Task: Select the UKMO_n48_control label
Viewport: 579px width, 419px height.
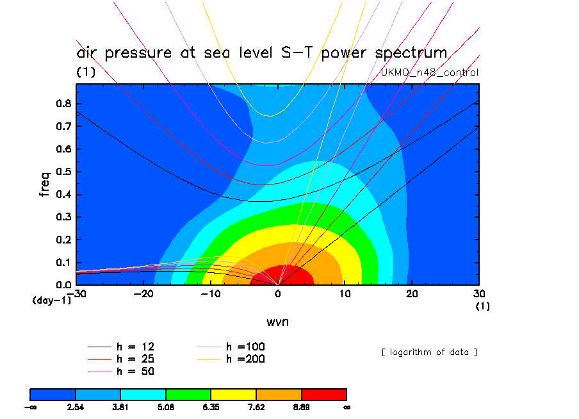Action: click(x=429, y=72)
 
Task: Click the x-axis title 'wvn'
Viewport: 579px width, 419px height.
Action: click(x=277, y=322)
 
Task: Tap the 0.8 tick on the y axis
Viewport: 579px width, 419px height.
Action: click(x=64, y=104)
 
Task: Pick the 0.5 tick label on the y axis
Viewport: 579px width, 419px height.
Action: click(x=64, y=172)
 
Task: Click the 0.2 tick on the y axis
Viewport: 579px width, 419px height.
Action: click(x=64, y=240)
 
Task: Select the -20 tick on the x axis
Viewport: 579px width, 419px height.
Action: click(x=143, y=294)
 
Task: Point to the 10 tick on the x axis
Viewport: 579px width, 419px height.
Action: click(x=345, y=294)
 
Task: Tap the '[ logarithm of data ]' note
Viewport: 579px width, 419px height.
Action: click(x=429, y=352)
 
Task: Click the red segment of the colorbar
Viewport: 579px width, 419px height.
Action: click(x=323, y=393)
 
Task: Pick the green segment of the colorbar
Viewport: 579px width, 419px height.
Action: click(x=188, y=393)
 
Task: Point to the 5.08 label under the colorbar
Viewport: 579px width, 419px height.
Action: click(x=166, y=406)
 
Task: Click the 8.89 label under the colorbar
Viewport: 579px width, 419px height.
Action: click(x=301, y=406)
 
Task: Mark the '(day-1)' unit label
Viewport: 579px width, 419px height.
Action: click(x=52, y=300)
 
